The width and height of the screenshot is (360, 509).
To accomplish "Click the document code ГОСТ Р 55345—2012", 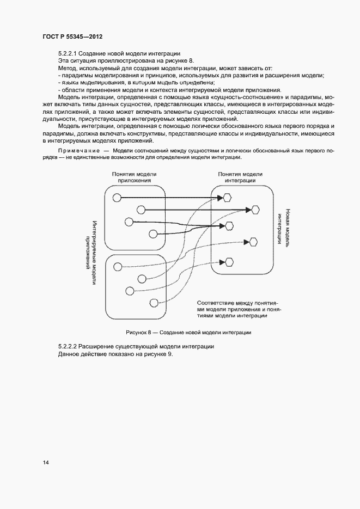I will pos(72,36).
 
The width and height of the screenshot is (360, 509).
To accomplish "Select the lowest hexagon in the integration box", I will pos(229,262).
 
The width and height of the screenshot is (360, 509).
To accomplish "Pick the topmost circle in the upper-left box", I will pos(116,198).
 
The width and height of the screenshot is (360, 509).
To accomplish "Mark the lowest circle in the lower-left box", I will pos(154,302).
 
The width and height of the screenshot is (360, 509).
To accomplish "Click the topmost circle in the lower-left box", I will pos(117,266).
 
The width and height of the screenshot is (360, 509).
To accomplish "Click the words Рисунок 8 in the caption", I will pos(139,332).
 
